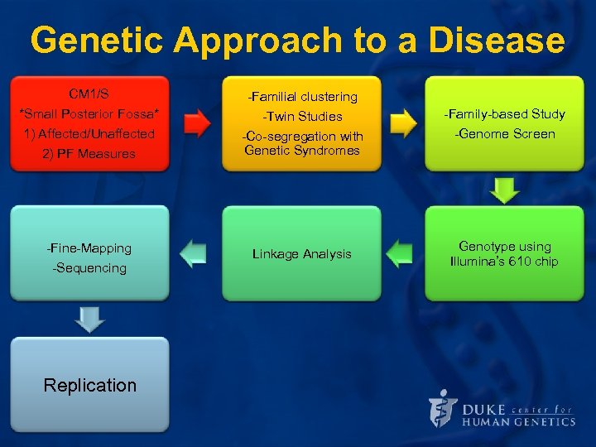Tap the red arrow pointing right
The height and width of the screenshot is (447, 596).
(196, 123)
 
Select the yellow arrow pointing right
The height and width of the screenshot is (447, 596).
(402, 123)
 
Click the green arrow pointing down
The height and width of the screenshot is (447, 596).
(504, 190)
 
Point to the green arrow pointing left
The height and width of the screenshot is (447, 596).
(400, 253)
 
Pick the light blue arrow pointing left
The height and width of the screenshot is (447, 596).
(193, 253)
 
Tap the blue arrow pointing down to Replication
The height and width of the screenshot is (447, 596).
(89, 319)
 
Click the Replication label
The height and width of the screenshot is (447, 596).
(89, 385)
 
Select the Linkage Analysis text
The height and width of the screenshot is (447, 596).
(301, 254)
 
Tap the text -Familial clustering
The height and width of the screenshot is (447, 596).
(301, 97)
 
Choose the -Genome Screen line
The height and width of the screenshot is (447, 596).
(504, 134)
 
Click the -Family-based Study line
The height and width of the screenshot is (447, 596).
(504, 114)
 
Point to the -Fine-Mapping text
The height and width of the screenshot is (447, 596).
(89, 248)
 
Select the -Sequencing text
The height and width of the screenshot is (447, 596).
(89, 268)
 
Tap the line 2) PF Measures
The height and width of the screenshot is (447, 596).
(89, 154)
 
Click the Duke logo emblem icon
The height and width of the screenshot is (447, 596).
(443, 408)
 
